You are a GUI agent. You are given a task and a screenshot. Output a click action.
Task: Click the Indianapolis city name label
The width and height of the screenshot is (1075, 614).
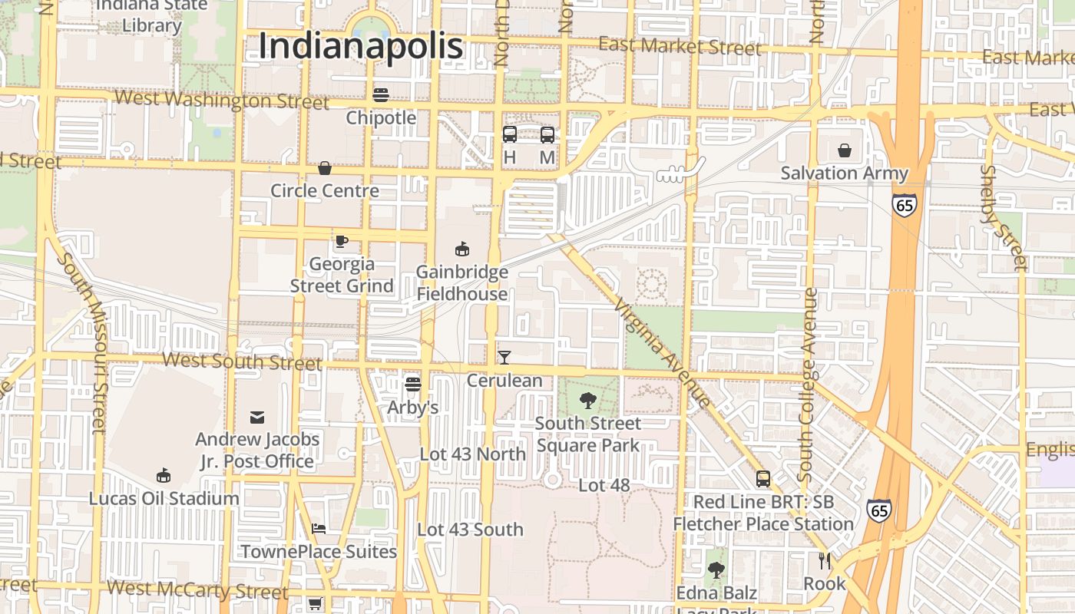coord(361,46)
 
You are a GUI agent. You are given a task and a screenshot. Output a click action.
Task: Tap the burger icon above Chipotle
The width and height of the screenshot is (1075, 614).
coord(381,95)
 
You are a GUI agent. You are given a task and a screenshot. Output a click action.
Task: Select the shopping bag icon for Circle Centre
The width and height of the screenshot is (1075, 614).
coord(325,168)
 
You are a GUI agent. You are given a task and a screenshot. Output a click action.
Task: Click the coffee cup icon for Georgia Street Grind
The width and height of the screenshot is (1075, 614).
coord(342,241)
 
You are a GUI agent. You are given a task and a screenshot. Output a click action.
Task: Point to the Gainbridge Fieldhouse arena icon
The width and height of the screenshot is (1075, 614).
coord(462,249)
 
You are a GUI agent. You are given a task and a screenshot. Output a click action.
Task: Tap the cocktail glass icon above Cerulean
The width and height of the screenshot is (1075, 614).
coord(504,357)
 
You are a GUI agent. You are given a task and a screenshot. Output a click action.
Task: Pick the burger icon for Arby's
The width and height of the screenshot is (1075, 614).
coord(413,384)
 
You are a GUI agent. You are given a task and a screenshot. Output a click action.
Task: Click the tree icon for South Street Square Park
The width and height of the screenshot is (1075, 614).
coord(587,400)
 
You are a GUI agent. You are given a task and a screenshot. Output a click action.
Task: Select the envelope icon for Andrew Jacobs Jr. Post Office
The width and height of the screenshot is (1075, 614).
coord(257,418)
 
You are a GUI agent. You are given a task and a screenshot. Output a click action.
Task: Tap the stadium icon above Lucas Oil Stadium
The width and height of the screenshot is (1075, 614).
coord(163,476)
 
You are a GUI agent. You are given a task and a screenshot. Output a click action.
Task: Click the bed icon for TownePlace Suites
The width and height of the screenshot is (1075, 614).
coord(319,529)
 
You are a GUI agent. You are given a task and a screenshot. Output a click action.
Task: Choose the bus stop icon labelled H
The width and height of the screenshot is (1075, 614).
coord(509,135)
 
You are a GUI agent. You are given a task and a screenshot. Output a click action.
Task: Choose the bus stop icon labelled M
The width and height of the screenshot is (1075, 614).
coord(547,135)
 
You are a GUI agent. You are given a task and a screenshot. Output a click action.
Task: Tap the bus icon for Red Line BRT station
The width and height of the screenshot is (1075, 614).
coord(763,479)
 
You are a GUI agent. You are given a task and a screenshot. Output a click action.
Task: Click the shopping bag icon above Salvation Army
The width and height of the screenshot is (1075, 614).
coord(845,150)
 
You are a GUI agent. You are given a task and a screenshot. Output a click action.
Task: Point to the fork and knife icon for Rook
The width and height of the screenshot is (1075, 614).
coord(825,561)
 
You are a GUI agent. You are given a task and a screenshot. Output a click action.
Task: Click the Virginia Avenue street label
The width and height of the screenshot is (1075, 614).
coord(663,352)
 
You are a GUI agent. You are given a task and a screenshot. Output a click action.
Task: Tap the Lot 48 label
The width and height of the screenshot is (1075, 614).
coord(604,485)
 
